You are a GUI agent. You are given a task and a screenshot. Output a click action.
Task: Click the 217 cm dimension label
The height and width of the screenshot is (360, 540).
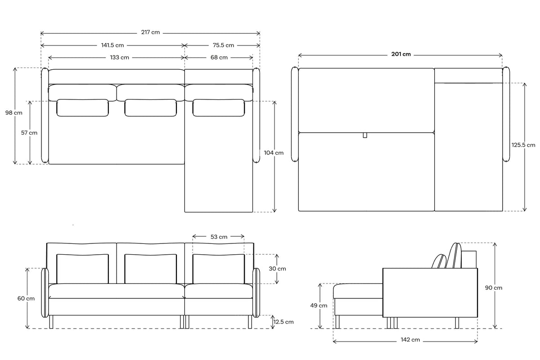point(150,33)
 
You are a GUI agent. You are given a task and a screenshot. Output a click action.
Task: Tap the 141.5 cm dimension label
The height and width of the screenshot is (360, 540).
point(112,45)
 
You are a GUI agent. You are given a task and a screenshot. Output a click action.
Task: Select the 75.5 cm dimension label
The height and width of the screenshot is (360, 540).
point(223,45)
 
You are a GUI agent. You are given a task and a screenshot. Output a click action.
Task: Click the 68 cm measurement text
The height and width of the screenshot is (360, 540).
point(219,58)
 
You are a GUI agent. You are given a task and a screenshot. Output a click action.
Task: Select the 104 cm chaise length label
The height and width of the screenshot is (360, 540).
point(274,153)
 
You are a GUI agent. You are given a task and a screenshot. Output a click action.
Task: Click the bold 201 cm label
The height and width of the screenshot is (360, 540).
point(401,54)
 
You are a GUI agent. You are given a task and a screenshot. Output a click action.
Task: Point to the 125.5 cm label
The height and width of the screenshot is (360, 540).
point(524,145)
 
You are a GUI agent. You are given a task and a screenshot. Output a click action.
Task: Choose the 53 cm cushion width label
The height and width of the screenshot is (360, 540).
point(219,236)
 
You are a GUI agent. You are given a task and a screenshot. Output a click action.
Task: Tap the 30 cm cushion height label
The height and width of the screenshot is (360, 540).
point(277,269)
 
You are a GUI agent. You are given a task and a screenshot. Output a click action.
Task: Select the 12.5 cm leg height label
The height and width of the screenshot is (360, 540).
point(283,322)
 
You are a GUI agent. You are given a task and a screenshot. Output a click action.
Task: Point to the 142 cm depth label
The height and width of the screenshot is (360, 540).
point(409,340)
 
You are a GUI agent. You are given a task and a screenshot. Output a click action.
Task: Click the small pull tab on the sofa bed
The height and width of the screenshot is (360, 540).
point(365,135)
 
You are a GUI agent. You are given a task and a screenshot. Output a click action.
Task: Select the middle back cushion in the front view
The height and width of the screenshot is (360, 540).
point(150,269)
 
